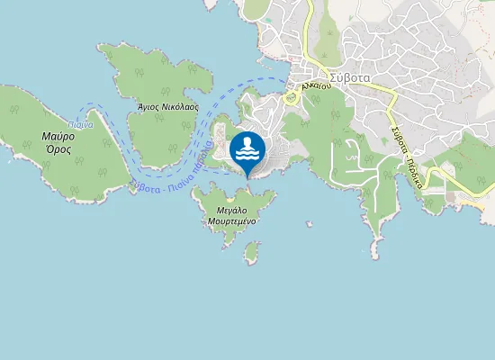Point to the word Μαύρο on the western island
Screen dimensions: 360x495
[58, 137]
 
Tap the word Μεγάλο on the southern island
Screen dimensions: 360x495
[232, 209]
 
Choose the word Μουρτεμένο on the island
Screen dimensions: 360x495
[232, 220]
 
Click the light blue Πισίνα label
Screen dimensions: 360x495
[81, 124]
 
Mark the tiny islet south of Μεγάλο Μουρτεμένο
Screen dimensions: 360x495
[251, 257]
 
